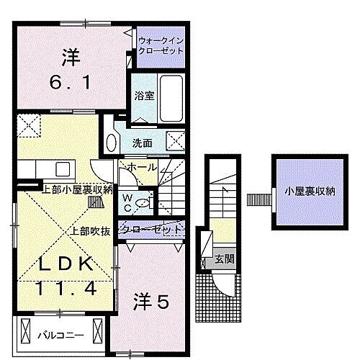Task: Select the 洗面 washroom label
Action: (142, 143)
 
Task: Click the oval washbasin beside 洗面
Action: (112, 142)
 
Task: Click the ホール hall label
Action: (143, 168)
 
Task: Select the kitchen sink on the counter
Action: (60, 168)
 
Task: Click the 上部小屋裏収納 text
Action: (78, 190)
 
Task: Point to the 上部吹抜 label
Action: (90, 232)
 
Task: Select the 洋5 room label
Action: (151, 303)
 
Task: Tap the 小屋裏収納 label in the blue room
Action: (310, 191)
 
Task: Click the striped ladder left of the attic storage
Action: (255, 197)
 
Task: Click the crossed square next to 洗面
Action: (175, 141)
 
